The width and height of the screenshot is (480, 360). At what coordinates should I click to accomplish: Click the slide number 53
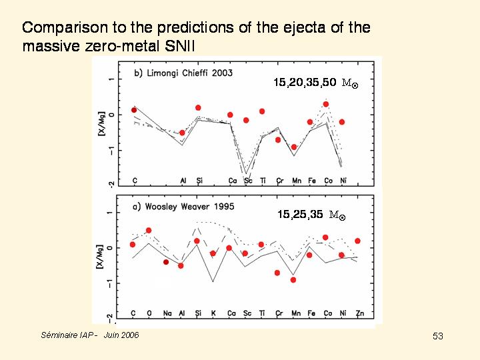[437, 336]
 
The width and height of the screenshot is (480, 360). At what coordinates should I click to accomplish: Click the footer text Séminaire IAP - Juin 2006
[90, 335]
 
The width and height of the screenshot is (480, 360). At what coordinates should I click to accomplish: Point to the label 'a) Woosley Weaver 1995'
[184, 207]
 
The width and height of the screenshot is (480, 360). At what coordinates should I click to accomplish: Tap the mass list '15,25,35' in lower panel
[300, 214]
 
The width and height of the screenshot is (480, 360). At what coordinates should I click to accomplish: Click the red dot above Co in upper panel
[326, 104]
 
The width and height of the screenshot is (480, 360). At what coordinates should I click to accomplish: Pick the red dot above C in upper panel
[134, 110]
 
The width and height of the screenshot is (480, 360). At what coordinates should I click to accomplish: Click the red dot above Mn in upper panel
[294, 147]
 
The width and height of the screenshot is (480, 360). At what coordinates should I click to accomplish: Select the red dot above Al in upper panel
[183, 133]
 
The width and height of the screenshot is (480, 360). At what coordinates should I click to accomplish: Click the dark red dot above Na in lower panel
[166, 262]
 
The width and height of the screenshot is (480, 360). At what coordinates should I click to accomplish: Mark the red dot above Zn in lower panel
[358, 241]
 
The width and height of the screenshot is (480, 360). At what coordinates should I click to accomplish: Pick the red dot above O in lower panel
[149, 231]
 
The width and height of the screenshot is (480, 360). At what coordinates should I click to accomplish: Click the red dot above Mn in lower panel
[293, 280]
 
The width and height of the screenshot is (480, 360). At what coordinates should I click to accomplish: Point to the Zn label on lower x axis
[359, 313]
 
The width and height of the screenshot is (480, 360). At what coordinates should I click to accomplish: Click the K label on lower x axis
[213, 313]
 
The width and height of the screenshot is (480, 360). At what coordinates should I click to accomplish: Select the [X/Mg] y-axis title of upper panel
[102, 123]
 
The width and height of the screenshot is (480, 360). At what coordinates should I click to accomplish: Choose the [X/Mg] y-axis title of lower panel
[102, 257]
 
